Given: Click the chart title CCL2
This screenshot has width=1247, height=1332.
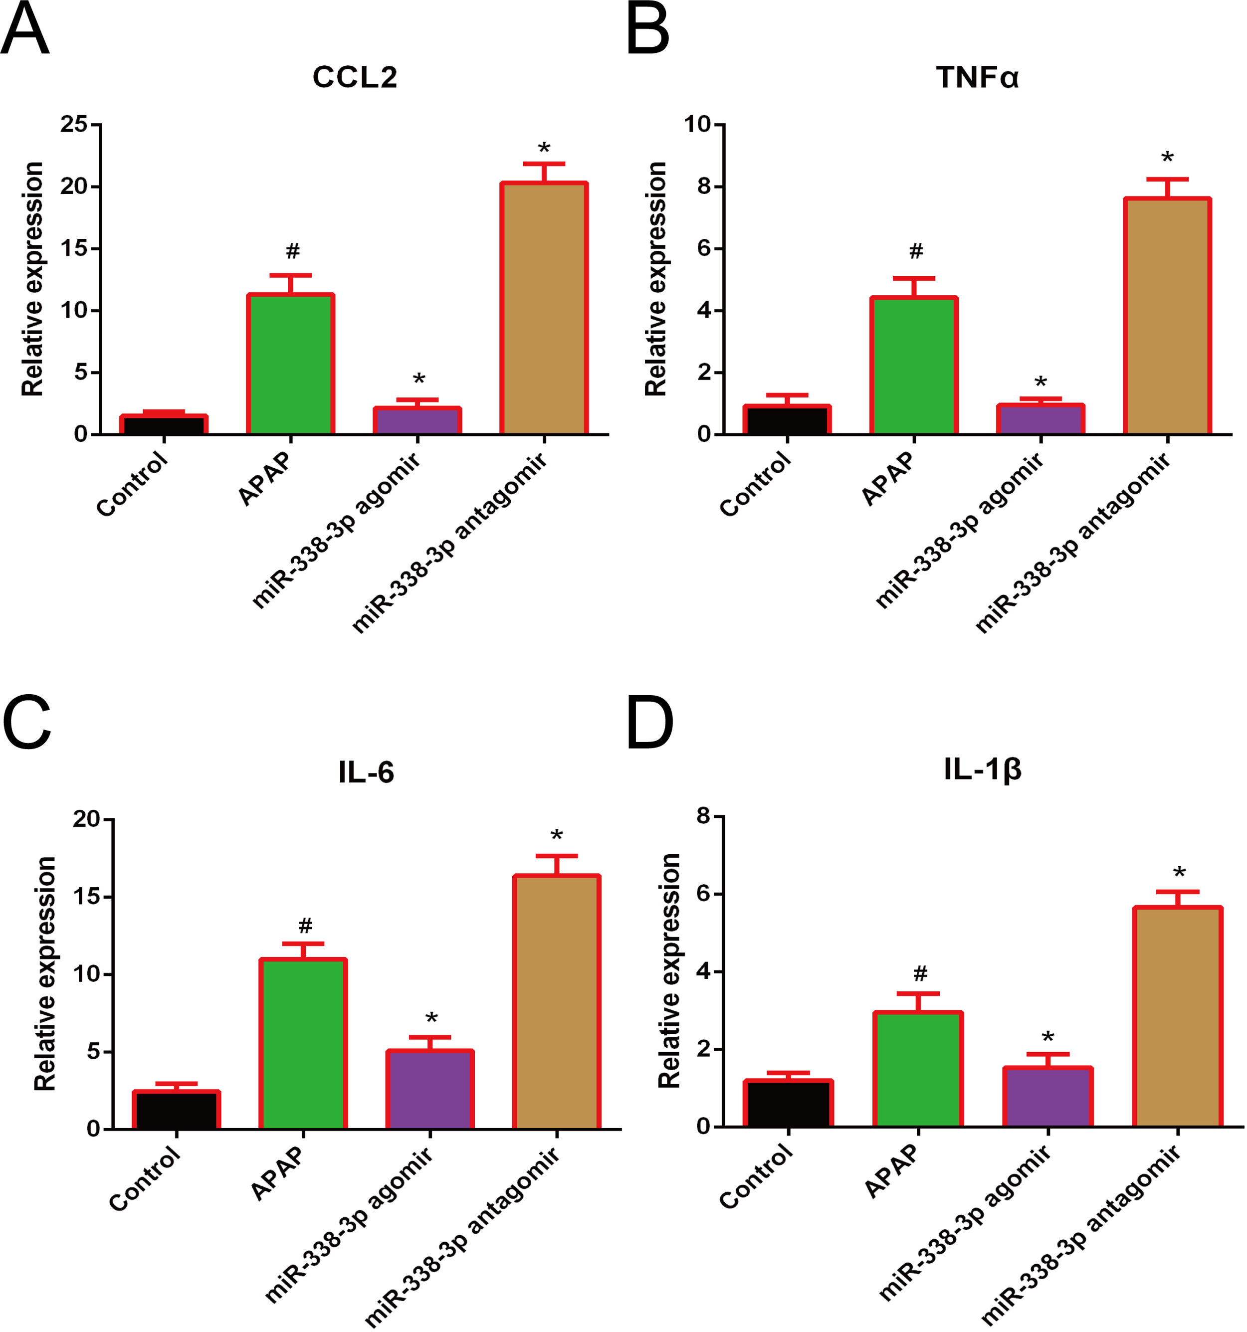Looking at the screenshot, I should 355,77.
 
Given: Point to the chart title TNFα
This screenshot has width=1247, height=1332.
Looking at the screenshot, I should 977,77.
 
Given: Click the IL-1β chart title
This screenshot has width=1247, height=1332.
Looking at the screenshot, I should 982,769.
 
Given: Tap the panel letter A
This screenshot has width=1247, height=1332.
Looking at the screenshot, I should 25,30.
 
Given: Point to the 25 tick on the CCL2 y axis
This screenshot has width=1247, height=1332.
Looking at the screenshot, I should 74,124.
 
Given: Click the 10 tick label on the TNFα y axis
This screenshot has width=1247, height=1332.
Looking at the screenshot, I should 697,124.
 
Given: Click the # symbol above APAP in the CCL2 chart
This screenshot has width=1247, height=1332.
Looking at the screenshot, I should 292,251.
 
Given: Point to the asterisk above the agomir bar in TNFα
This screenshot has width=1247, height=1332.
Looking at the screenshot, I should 1040,382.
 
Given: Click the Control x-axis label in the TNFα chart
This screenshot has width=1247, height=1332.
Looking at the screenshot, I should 755,484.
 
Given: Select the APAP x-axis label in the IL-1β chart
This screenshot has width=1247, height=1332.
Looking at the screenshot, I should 891,1170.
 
